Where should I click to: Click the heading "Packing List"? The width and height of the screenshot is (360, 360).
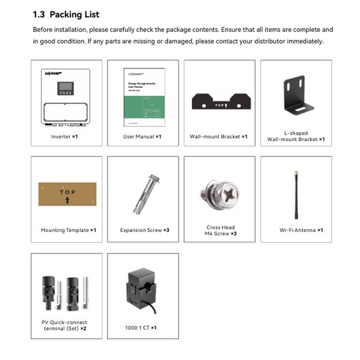[x=75, y=15]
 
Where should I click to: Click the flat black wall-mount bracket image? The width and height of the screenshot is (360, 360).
[x=221, y=102]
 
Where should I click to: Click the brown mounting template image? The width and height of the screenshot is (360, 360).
[x=67, y=194]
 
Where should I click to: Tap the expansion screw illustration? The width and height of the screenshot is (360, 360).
[x=144, y=193]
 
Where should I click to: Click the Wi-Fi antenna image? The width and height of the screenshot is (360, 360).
[x=296, y=195]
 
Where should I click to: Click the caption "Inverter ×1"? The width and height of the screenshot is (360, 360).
[x=64, y=136]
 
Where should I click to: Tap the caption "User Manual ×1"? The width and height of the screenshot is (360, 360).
[x=142, y=136]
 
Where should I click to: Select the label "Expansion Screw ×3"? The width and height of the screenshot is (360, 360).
[x=144, y=230]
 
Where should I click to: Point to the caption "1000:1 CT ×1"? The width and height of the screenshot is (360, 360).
[x=141, y=328]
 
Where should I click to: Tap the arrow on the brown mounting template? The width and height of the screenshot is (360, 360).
[x=67, y=201]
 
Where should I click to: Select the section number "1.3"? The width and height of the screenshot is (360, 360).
[x=39, y=15]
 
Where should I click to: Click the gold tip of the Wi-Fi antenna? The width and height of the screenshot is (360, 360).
[x=296, y=173]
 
